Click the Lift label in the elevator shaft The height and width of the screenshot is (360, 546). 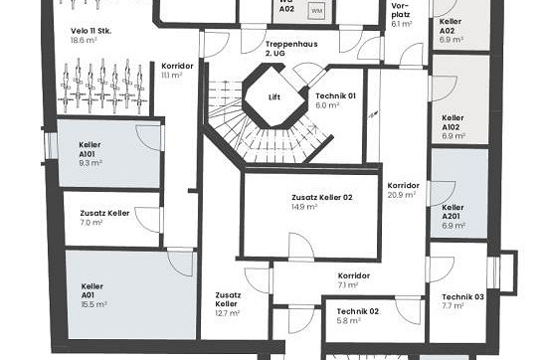pyautogui.click(x=274, y=97)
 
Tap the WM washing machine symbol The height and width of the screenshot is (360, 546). pyautogui.click(x=316, y=11)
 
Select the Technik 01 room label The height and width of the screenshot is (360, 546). pyautogui.click(x=336, y=96)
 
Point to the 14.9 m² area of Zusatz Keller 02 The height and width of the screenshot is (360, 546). pyautogui.click(x=304, y=207)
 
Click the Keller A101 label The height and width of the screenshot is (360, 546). pyautogui.click(x=90, y=149)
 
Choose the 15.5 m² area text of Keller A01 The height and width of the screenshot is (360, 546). pyautogui.click(x=94, y=304)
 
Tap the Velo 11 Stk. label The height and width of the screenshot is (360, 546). pyautogui.click(x=91, y=31)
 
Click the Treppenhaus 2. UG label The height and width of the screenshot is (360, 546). pyautogui.click(x=291, y=49)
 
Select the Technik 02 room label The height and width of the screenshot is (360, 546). pyautogui.click(x=358, y=311)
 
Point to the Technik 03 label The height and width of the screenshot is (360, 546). pyautogui.click(x=462, y=297)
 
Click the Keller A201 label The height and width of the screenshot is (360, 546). pyautogui.click(x=454, y=212)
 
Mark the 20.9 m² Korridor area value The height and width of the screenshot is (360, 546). pyautogui.click(x=402, y=195)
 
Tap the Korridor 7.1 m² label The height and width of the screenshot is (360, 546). pyautogui.click(x=354, y=280)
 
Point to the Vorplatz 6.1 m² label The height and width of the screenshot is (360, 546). pyautogui.click(x=402, y=15)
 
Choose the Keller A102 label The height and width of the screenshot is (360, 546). pyautogui.click(x=454, y=126)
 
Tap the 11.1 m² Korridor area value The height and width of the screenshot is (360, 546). pyautogui.click(x=172, y=76)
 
